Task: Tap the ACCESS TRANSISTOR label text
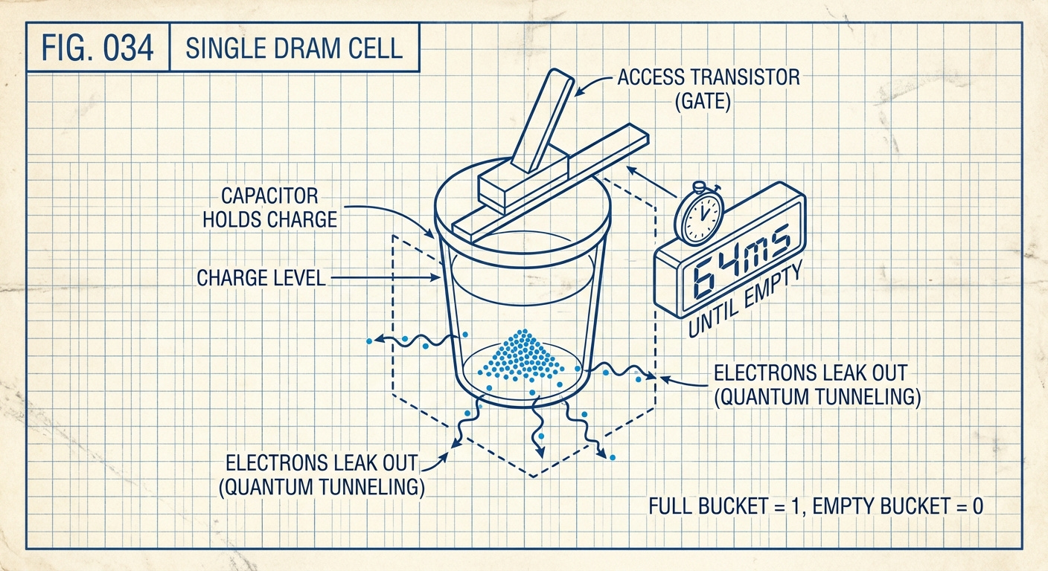709,77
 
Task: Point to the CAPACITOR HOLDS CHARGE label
279,208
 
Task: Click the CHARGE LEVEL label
261,279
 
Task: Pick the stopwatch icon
699,214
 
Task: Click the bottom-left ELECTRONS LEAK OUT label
322,474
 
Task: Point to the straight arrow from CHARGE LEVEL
383,279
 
